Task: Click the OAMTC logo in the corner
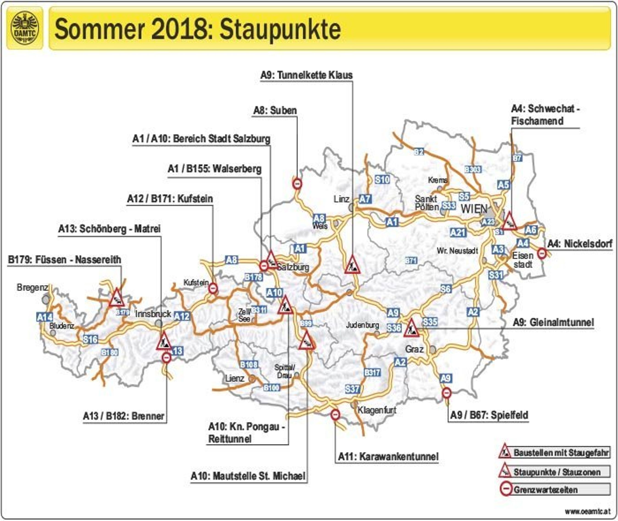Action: (x=25, y=28)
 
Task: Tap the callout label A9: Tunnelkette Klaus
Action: (x=306, y=75)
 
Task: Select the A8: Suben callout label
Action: (x=275, y=111)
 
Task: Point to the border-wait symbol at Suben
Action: (x=297, y=184)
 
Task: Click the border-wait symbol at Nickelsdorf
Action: (x=541, y=253)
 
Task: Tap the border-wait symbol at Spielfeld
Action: (x=447, y=393)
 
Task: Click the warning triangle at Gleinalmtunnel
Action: (x=411, y=328)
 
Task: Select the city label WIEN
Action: (x=474, y=209)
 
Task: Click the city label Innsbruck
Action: (x=153, y=314)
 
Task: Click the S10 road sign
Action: (x=382, y=180)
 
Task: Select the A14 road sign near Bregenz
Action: (x=45, y=317)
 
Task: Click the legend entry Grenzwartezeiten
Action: (x=545, y=490)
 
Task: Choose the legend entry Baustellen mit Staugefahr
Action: (x=561, y=452)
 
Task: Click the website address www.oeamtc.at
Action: (x=587, y=511)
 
